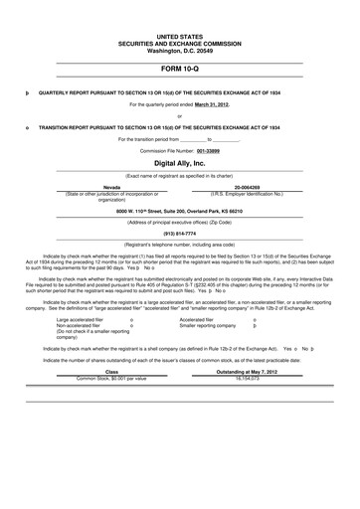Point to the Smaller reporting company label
coord(208,325)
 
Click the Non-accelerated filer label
coord(78,325)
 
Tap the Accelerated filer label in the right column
coord(197,319)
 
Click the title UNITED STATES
coord(179,35)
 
